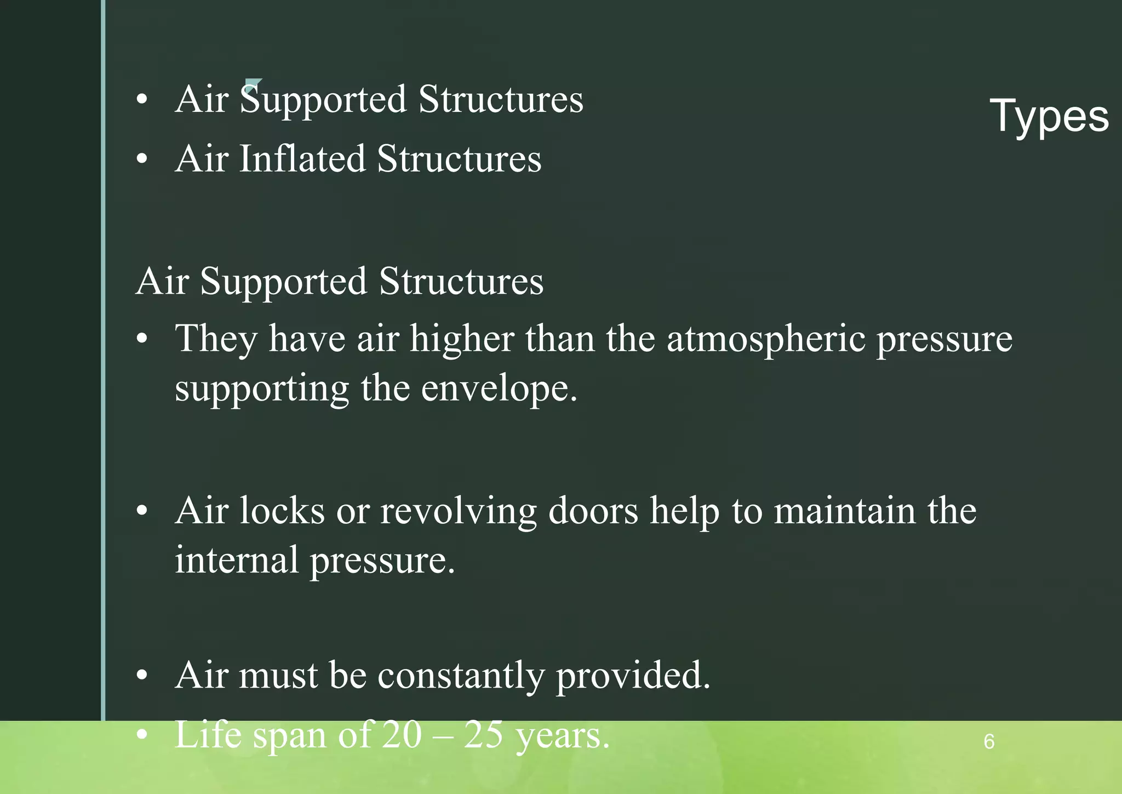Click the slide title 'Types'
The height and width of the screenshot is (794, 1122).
pyautogui.click(x=1049, y=116)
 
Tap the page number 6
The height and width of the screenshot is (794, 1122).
pyautogui.click(x=989, y=741)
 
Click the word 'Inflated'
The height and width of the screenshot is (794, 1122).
pyautogui.click(x=302, y=159)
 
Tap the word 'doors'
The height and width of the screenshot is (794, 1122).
pyautogui.click(x=593, y=511)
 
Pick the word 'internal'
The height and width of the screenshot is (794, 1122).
pyautogui.click(x=237, y=560)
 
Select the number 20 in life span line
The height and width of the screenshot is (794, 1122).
pyautogui.click(x=402, y=734)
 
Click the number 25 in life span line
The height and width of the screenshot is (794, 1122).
pyautogui.click(x=484, y=734)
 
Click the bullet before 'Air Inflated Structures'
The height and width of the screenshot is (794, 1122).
pyautogui.click(x=142, y=159)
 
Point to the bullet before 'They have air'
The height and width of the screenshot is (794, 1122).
pyautogui.click(x=142, y=339)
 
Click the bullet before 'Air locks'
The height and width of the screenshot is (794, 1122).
pyautogui.click(x=142, y=511)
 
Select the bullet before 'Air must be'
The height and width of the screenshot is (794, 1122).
pyautogui.click(x=142, y=676)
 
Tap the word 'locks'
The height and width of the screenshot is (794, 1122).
pyautogui.click(x=282, y=511)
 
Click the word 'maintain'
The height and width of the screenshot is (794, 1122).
pyautogui.click(x=844, y=511)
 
